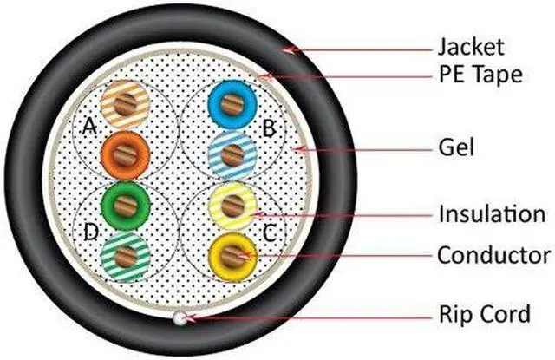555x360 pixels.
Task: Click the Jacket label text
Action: pos(470,45)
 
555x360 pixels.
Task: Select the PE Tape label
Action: pos(479,75)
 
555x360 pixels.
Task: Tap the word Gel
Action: pos(453,148)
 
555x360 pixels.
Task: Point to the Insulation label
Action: pos(491,213)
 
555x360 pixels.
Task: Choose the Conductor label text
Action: pos(493,255)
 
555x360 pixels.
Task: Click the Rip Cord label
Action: pos(483,313)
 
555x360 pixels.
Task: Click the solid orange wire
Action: pos(126,155)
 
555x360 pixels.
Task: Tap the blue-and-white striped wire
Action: pos(232,155)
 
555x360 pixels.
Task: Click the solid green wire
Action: pos(126,206)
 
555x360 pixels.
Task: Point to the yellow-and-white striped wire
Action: pos(232,206)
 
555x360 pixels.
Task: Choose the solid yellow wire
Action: pos(232,256)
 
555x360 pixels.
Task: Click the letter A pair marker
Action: pos(88,128)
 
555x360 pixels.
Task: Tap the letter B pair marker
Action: pos(268,129)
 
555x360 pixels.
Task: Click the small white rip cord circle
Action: pos(180,318)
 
